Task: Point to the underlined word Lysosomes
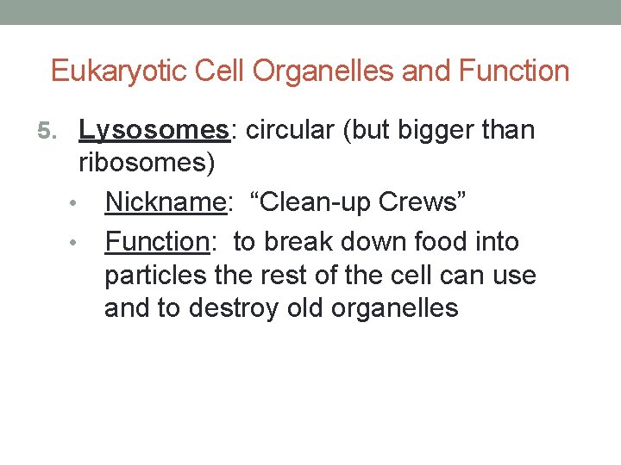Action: coord(153,131)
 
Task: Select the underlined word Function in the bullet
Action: coord(157,242)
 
